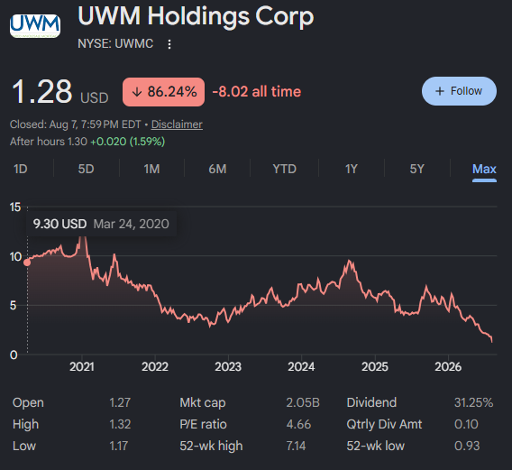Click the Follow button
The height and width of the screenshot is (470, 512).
(459, 91)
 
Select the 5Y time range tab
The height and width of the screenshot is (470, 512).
(417, 169)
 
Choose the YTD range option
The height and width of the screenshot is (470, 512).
(285, 169)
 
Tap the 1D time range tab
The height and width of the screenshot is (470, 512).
(20, 169)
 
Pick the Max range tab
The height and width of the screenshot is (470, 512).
(484, 169)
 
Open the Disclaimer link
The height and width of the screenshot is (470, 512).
(177, 124)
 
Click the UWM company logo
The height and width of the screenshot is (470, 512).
(35, 26)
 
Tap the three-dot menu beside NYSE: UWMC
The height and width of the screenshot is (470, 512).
(169, 44)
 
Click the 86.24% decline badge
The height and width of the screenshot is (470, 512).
(163, 92)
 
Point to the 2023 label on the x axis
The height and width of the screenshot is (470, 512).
(228, 367)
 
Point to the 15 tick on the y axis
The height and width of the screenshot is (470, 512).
(15, 207)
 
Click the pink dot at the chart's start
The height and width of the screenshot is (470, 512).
(27, 263)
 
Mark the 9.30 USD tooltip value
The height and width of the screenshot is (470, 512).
(59, 224)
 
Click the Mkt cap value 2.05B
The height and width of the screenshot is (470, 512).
(303, 402)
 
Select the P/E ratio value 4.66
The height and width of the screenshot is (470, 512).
(298, 424)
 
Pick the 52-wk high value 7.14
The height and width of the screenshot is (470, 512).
(296, 446)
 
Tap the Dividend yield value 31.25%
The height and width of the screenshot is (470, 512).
(474, 402)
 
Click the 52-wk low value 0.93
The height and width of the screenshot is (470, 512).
(467, 446)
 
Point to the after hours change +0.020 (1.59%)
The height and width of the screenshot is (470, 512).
(128, 142)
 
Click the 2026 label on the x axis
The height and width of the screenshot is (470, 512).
(448, 367)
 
